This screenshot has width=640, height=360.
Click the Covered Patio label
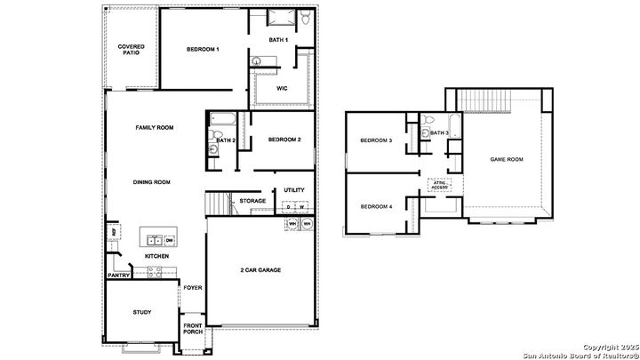point(132,50)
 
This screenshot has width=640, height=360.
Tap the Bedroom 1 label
point(203,50)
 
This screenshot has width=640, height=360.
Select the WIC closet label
point(282,89)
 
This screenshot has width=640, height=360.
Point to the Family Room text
point(154,128)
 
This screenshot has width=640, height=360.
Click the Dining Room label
point(151,182)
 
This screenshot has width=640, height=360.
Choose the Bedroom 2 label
point(284,140)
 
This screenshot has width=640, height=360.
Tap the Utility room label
point(294,190)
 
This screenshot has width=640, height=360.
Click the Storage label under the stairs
point(252,201)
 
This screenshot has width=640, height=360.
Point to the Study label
point(142,312)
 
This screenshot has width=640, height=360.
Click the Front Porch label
point(194,330)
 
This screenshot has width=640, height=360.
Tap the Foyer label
point(192,287)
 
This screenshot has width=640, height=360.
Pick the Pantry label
point(119,276)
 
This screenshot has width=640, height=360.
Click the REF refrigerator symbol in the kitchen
point(114,233)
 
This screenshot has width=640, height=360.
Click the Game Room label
point(507,160)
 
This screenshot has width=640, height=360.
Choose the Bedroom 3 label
point(376,141)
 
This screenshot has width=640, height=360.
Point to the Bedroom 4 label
point(376,207)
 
